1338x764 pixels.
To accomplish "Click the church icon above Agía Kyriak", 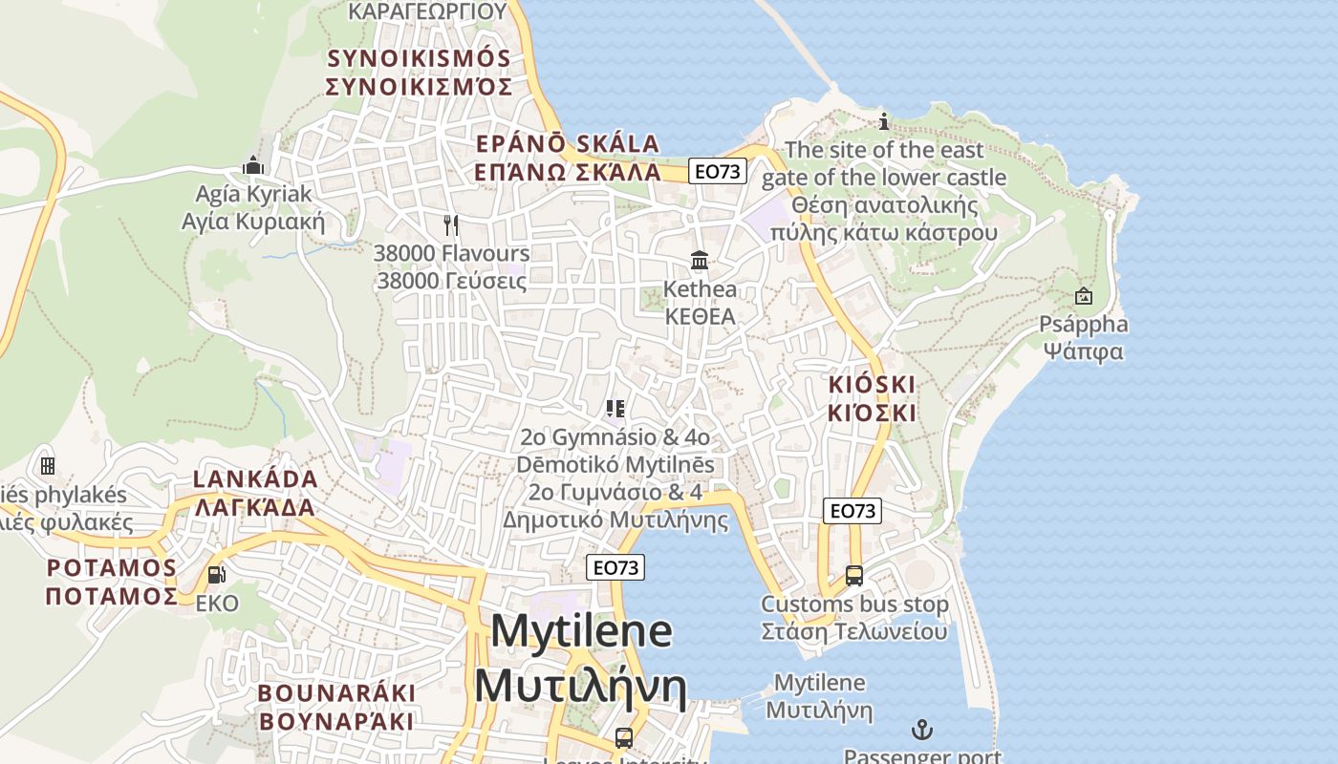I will (x=253, y=165).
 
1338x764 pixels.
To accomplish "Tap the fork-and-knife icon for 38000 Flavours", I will (x=451, y=225).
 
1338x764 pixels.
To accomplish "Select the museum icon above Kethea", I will (x=700, y=260).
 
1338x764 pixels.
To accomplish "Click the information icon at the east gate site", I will (x=884, y=121).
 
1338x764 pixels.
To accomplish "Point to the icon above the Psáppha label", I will (x=1083, y=296).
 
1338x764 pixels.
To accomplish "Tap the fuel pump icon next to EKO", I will (x=217, y=575).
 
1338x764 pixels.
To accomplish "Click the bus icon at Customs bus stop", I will (x=854, y=576).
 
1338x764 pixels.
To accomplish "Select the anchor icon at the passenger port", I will (x=922, y=731).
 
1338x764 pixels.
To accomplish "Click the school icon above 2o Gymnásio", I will (x=615, y=409).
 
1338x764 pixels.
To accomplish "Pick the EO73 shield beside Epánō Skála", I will (x=718, y=171).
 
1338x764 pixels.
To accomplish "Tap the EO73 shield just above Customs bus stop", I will (x=852, y=511).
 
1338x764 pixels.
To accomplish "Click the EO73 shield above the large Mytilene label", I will (x=615, y=567).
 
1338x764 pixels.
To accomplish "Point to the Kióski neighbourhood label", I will (x=872, y=398).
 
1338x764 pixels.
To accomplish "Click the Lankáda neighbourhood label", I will (x=255, y=492).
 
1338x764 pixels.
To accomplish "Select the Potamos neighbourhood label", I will (x=112, y=582).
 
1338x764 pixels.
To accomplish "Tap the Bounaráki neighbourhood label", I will (x=336, y=706).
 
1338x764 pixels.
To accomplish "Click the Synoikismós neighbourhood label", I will (x=419, y=72).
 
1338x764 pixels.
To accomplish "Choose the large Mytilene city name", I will (x=581, y=658).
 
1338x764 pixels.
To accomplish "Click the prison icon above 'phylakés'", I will (x=47, y=466).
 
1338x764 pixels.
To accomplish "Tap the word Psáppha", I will (x=1084, y=325).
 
